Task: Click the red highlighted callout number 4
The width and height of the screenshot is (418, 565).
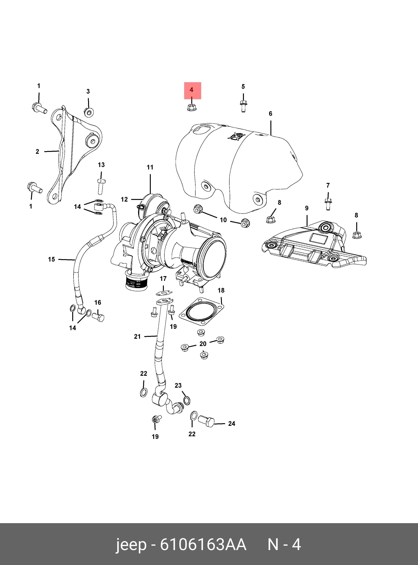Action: tap(191, 90)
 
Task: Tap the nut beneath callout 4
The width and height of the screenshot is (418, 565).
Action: tap(191, 108)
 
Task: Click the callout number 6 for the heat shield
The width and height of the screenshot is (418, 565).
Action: tap(270, 114)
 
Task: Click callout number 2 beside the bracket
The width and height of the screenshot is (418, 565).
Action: tap(37, 152)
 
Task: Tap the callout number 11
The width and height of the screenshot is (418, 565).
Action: tap(150, 167)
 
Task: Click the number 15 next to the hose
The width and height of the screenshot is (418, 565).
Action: tap(51, 260)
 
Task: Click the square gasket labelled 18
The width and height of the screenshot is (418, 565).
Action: tap(201, 311)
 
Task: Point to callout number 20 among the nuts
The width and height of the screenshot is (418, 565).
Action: tap(203, 344)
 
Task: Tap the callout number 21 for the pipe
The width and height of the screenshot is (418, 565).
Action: tap(137, 336)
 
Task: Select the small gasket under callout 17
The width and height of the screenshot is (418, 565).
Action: tap(164, 293)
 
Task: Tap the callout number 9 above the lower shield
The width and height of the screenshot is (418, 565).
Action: tap(307, 208)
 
